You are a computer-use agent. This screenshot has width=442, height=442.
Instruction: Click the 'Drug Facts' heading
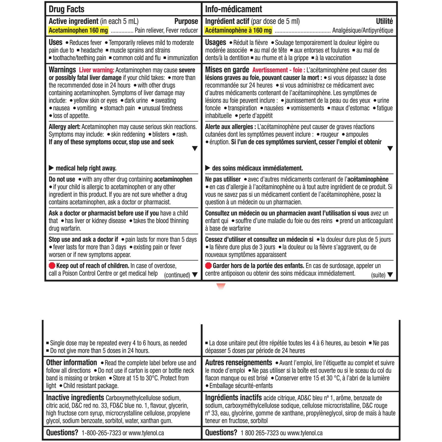(x=66, y=9)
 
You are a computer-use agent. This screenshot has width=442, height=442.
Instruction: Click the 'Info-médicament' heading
(x=233, y=9)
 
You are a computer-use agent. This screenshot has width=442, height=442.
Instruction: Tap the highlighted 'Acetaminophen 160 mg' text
(x=78, y=30)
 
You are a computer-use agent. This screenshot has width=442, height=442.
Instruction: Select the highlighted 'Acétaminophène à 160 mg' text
(x=238, y=30)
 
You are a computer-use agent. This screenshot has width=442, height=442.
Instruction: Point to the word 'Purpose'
(x=186, y=21)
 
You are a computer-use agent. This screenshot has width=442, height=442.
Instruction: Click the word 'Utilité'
(x=384, y=21)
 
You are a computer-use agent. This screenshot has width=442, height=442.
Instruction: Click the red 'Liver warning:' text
(x=96, y=70)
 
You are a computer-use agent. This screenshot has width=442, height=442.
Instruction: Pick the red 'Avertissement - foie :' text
(x=278, y=70)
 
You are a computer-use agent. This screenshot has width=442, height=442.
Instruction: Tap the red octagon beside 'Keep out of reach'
(x=52, y=266)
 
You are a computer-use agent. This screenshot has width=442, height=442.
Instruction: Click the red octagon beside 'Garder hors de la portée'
(x=208, y=266)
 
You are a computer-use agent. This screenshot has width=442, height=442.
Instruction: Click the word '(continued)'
(x=177, y=275)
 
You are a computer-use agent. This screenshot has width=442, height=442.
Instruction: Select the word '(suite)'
(x=378, y=275)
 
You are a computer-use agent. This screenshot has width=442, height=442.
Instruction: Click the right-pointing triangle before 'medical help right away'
(x=51, y=168)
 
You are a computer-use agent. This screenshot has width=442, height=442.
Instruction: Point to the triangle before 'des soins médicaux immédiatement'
(x=208, y=168)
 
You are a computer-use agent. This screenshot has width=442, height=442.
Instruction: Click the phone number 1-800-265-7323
(x=101, y=433)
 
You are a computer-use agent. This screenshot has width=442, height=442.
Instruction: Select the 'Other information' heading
(x=72, y=362)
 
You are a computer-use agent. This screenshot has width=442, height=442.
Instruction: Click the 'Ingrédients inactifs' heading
(x=233, y=398)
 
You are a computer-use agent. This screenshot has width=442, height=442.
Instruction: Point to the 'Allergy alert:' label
(x=64, y=127)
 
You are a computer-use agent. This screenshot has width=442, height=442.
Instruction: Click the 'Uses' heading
(x=56, y=42)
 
